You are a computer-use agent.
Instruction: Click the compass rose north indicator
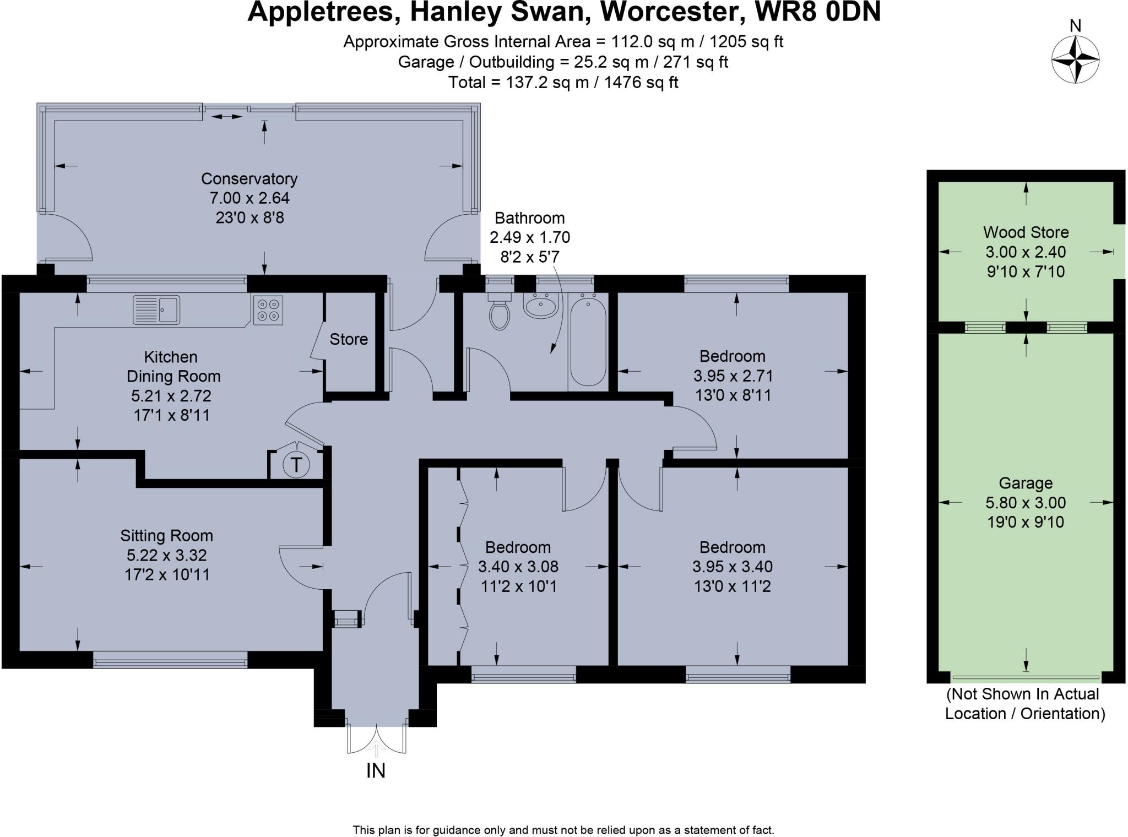point(1075,59)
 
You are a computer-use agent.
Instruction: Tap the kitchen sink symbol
point(156,310)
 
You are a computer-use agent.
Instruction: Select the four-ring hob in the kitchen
point(268,310)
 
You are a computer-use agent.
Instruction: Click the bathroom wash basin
point(540,306)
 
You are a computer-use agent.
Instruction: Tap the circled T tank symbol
point(296,465)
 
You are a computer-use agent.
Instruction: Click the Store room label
point(349,339)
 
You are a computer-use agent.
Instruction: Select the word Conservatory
point(249,179)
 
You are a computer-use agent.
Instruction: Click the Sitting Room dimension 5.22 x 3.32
point(167,555)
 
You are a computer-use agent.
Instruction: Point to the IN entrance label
point(376,771)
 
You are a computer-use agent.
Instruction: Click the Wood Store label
point(1026,232)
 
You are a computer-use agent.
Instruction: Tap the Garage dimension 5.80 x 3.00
point(1026,503)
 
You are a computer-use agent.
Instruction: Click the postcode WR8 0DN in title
point(817,12)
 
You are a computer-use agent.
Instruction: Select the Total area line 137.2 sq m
point(563,83)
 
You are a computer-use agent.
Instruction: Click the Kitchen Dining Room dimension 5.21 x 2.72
point(171,396)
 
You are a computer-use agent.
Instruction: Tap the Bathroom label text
point(529,218)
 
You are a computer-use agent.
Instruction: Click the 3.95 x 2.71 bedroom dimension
point(733,376)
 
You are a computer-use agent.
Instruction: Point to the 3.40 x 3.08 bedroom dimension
point(518,567)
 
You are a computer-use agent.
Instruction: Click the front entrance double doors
point(377,738)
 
